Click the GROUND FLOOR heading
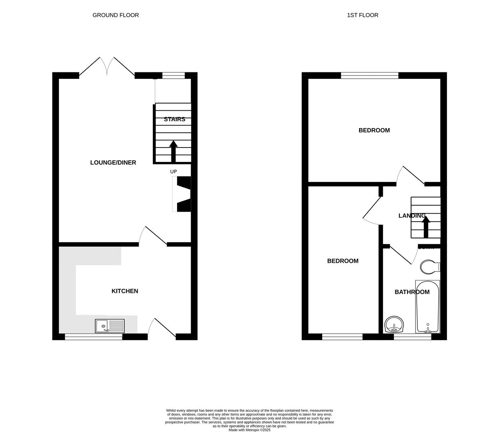point(116,15)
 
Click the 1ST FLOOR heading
point(362,15)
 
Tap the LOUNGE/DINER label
point(113,162)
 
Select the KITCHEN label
point(125,291)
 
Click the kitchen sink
point(110,326)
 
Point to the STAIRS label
point(174,119)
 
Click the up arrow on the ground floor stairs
point(174,151)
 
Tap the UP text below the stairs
point(174,172)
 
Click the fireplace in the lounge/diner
point(182,194)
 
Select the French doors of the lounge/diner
point(107,67)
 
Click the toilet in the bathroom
point(430,267)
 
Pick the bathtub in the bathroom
point(427,307)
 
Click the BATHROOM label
point(412,292)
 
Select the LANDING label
point(412,216)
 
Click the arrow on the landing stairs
point(426,227)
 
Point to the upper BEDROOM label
point(374,130)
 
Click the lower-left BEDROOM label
point(343,261)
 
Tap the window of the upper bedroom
point(370,75)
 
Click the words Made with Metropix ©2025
point(249,430)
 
